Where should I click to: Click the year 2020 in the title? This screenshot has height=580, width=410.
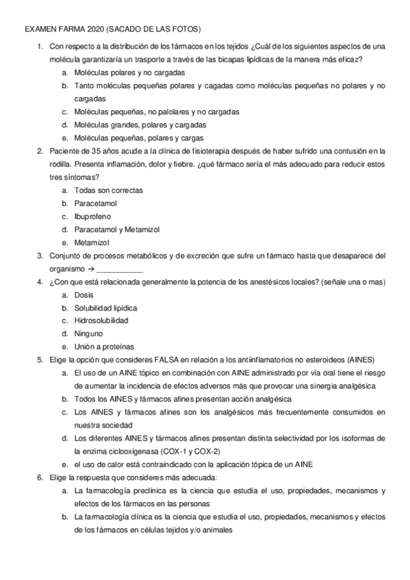(x=87, y=30)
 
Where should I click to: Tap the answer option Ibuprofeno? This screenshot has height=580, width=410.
(x=95, y=216)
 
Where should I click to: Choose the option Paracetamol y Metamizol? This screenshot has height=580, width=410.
(x=116, y=229)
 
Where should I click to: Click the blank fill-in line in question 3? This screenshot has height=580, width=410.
(x=120, y=269)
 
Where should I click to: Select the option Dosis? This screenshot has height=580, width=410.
(x=84, y=295)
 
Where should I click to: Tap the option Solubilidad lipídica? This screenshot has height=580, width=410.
(x=105, y=308)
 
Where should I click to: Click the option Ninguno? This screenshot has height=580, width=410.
(x=88, y=334)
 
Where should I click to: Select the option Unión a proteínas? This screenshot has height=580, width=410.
(x=103, y=347)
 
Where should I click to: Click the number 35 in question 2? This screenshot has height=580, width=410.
(x=96, y=151)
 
